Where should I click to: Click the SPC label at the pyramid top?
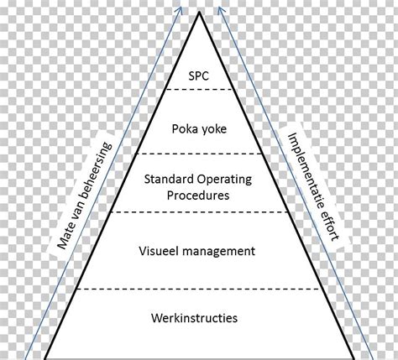pyautogui.click(x=200, y=74)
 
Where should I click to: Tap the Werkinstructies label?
pyautogui.click(x=199, y=318)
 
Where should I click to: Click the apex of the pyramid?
pyautogui.click(x=199, y=13)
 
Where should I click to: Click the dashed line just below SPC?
pyautogui.click(x=199, y=89)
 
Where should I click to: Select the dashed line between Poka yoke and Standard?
pyautogui.click(x=199, y=154)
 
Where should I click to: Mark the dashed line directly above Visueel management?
pyautogui.click(x=199, y=212)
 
